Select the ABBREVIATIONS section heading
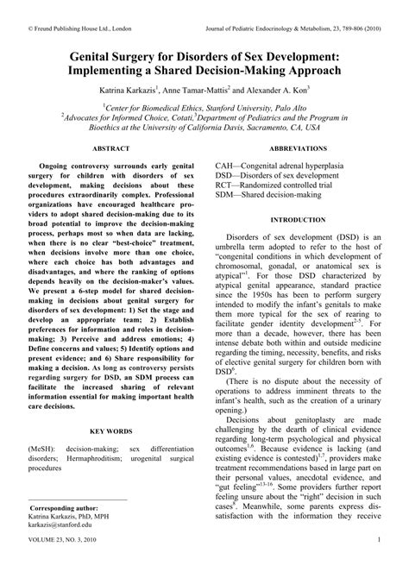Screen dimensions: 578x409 pos(305,148)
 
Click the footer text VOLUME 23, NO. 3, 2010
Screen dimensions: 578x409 pos(61,565)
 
